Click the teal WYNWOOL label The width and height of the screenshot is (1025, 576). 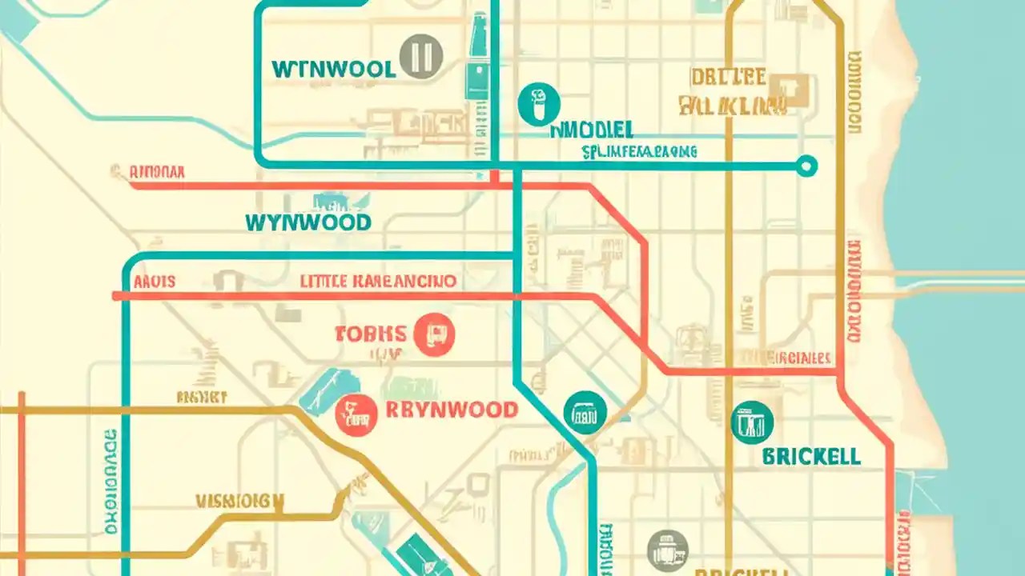pyautogui.click(x=333, y=69)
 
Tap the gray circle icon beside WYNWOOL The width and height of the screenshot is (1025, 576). pyautogui.click(x=421, y=57)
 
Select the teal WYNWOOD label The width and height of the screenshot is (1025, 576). pyautogui.click(x=308, y=222)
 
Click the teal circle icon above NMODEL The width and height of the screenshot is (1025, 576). pyautogui.click(x=540, y=105)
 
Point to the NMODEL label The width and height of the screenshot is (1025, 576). pyautogui.click(x=592, y=130)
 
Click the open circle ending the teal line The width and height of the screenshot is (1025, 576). pyautogui.click(x=806, y=166)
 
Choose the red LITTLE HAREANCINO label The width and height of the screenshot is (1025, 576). pyautogui.click(x=378, y=282)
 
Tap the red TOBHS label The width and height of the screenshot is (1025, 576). pyautogui.click(x=371, y=334)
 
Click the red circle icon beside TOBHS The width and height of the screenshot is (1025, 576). pyautogui.click(x=435, y=334)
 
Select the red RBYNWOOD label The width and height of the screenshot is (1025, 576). pyautogui.click(x=452, y=410)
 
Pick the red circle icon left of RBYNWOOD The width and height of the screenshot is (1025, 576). pyautogui.click(x=356, y=414)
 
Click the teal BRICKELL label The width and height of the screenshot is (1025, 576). pyautogui.click(x=811, y=457)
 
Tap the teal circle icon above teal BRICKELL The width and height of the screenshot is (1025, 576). pyautogui.click(x=753, y=422)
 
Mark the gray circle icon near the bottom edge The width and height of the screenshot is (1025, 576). pyautogui.click(x=667, y=550)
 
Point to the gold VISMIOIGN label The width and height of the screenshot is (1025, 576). pyautogui.click(x=239, y=502)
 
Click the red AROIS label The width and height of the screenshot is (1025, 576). pyautogui.click(x=155, y=282)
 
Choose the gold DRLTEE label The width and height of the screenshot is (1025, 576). pyautogui.click(x=727, y=78)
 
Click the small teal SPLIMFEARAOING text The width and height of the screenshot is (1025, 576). pyautogui.click(x=639, y=150)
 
